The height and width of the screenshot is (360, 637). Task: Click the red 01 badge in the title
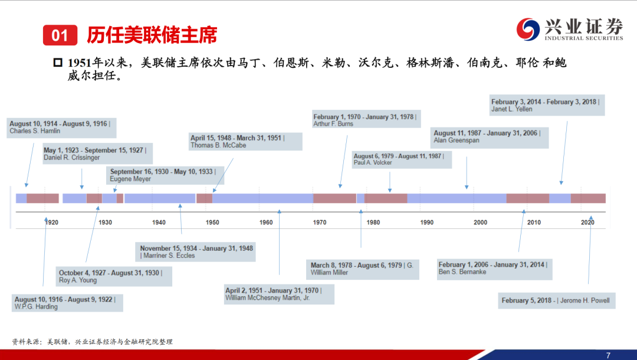[60, 35]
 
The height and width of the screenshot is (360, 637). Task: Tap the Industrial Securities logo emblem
[528, 30]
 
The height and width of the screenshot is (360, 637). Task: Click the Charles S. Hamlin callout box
[61, 127]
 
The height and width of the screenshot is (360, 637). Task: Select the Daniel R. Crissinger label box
[97, 153]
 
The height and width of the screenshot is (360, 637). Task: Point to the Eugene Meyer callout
[165, 175]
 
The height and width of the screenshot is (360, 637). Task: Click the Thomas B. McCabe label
[245, 142]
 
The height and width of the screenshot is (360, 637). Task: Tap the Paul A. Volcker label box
[402, 159]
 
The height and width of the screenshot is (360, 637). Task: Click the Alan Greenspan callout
[490, 138]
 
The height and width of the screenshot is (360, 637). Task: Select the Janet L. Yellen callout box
[547, 105]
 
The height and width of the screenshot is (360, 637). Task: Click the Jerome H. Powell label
[557, 300]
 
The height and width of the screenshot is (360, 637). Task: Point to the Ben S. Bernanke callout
[494, 269]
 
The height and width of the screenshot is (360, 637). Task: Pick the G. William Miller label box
[362, 269]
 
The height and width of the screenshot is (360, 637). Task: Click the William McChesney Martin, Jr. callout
[279, 294]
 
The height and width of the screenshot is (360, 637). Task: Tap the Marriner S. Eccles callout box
[195, 252]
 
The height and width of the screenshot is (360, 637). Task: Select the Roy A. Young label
[114, 276]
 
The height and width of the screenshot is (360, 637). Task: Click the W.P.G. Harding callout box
[67, 303]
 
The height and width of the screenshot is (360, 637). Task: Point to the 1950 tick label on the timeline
[212, 222]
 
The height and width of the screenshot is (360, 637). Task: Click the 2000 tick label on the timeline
[481, 222]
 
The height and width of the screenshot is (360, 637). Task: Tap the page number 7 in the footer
[608, 355]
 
